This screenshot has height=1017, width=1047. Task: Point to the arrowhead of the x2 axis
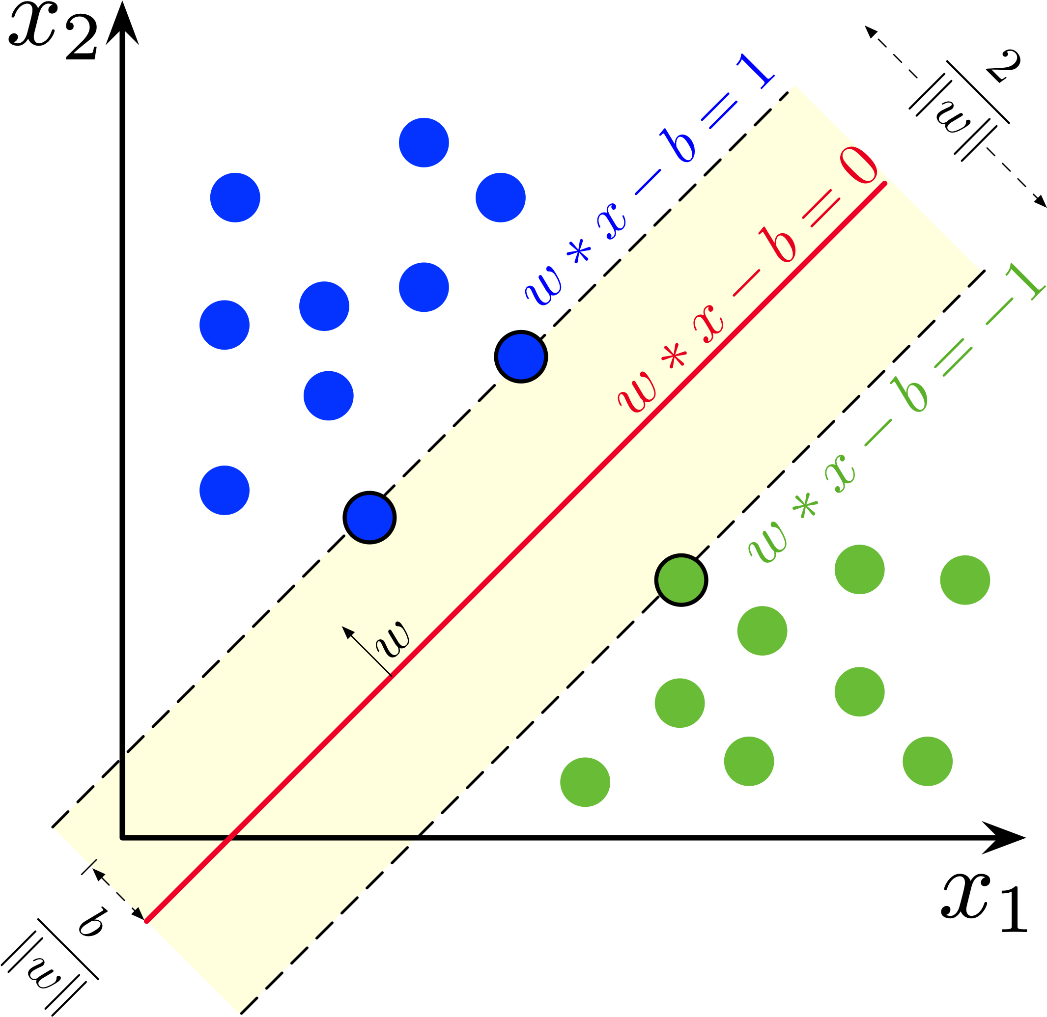122,23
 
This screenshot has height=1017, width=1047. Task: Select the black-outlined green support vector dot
681,580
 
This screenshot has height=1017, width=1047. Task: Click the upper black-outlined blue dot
521,357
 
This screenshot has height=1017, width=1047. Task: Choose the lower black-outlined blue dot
369,518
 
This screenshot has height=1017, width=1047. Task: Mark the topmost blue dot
424,142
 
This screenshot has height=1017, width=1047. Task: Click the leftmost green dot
585,782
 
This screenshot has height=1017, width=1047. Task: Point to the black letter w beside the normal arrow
393,639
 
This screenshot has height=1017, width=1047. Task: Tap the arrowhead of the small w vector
348,632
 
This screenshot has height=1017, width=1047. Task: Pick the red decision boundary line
516,552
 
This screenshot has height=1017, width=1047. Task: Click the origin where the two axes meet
122,838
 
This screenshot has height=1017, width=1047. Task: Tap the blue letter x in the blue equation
613,221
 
